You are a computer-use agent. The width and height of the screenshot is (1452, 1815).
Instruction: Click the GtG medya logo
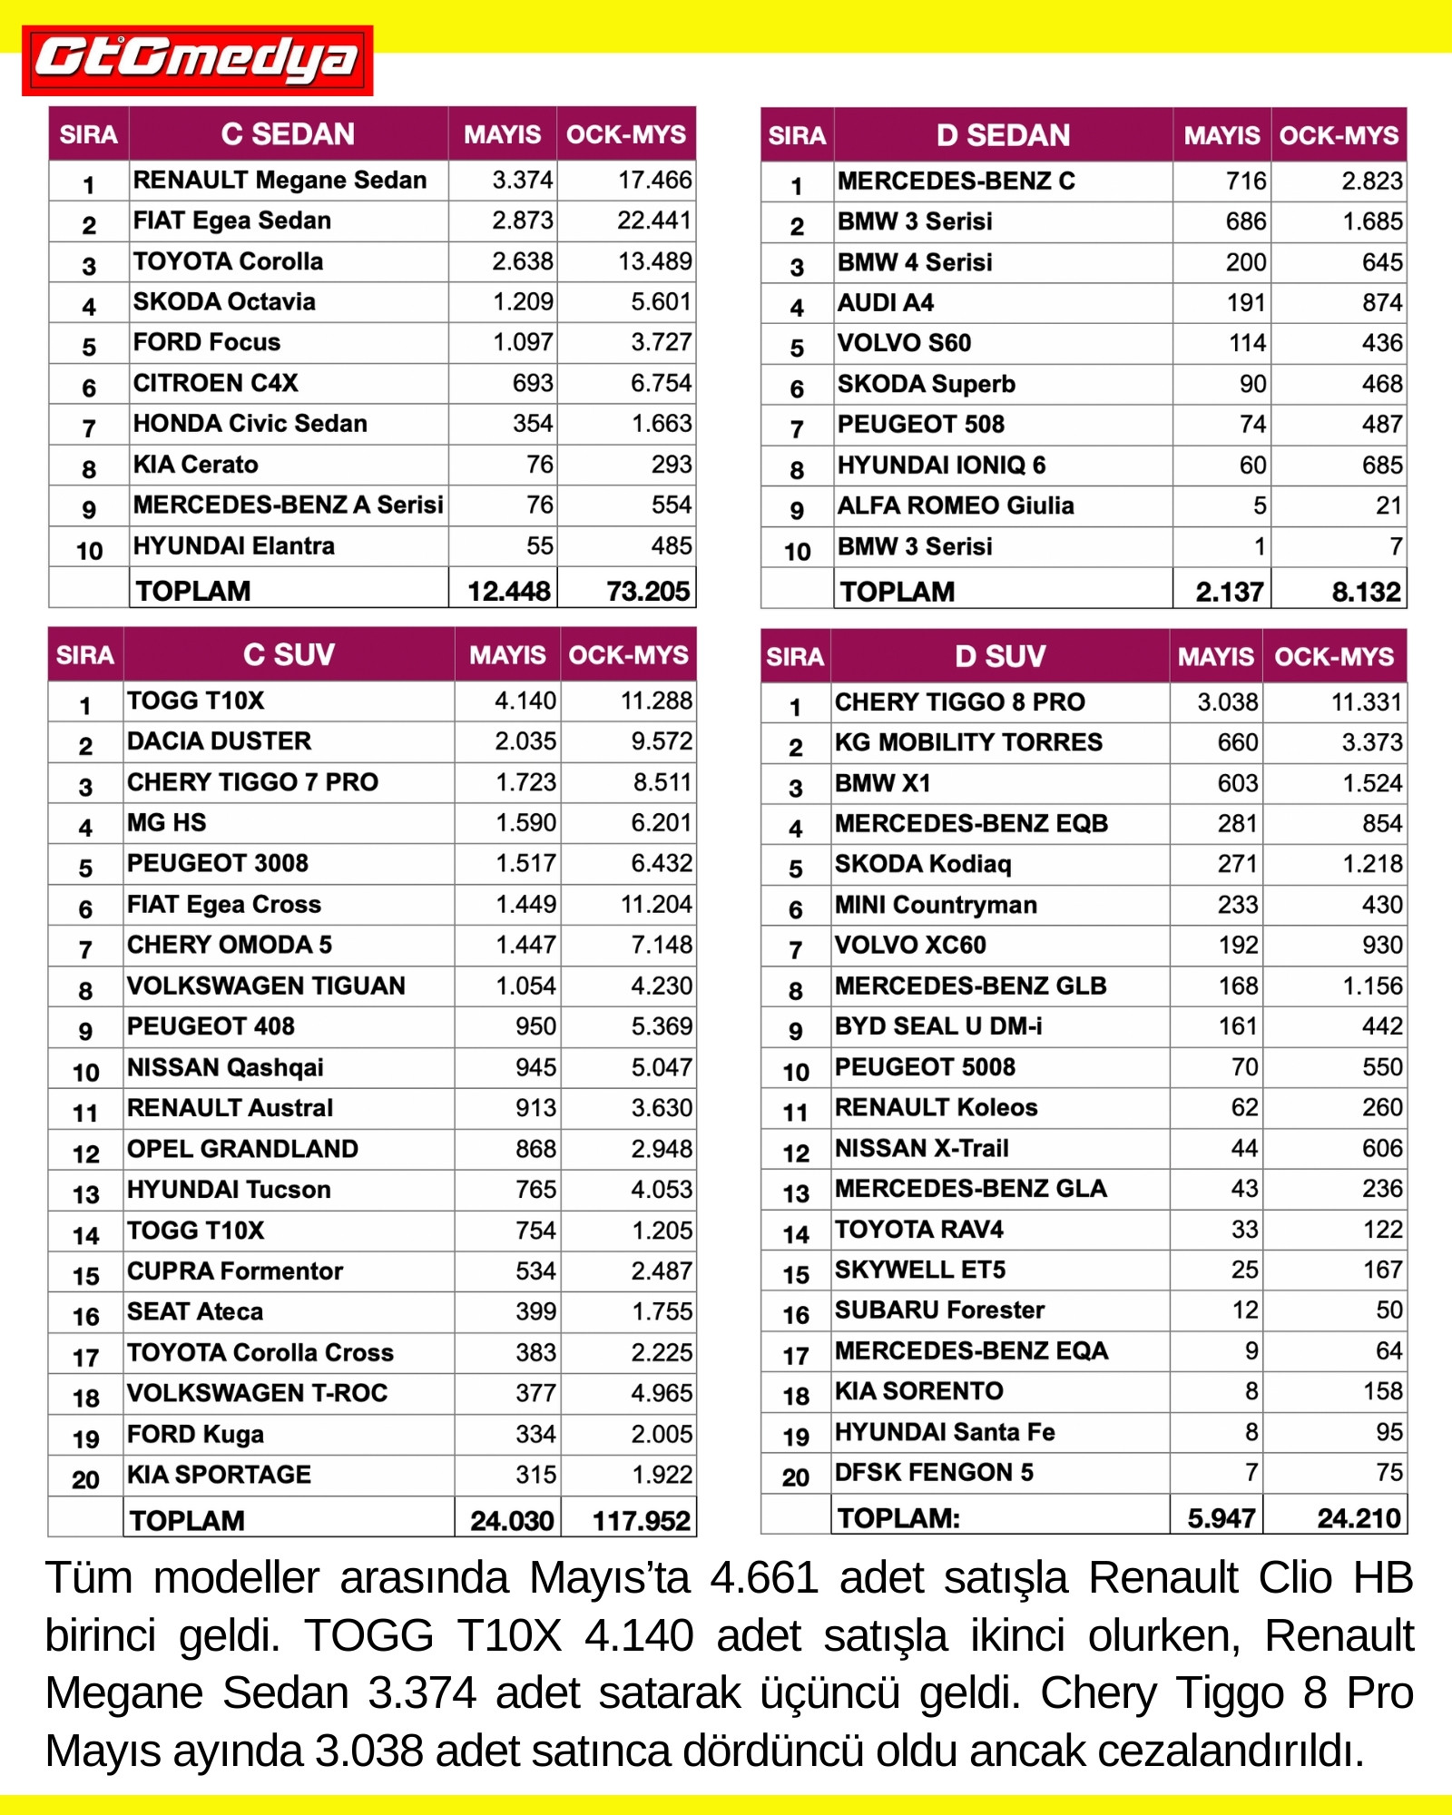click(x=197, y=60)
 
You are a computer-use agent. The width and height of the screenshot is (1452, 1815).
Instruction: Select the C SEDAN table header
click(x=288, y=134)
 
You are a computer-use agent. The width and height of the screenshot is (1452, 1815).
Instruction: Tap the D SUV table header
click(x=1000, y=656)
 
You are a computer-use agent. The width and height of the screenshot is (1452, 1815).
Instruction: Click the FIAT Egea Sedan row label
click(x=232, y=221)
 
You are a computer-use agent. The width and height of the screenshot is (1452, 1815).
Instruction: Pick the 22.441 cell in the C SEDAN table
click(x=654, y=221)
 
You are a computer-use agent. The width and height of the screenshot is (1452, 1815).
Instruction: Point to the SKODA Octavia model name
click(x=224, y=302)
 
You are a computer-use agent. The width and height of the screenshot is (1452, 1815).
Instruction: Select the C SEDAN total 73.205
click(x=648, y=591)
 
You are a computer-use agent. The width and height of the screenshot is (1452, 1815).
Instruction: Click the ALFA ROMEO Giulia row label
click(x=956, y=505)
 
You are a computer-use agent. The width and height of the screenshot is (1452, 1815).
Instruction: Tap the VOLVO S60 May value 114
click(x=1247, y=343)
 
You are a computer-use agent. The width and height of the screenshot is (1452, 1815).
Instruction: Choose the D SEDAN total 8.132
click(x=1366, y=592)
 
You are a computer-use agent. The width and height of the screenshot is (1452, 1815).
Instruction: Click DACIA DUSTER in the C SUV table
click(x=219, y=741)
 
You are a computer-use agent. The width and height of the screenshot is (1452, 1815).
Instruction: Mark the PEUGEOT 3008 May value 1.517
click(x=525, y=863)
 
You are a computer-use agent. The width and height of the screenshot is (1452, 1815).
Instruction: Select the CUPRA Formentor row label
click(x=235, y=1270)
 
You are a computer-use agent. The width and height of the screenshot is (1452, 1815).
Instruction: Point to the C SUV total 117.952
click(x=641, y=1520)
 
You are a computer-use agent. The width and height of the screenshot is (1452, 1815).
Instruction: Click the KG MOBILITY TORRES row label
click(x=968, y=742)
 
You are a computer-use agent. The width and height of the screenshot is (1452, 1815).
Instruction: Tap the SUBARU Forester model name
click(x=939, y=1310)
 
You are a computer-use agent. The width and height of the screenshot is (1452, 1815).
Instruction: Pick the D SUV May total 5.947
click(x=1221, y=1518)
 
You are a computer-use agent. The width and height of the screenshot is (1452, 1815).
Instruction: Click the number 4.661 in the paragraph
click(x=764, y=1578)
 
